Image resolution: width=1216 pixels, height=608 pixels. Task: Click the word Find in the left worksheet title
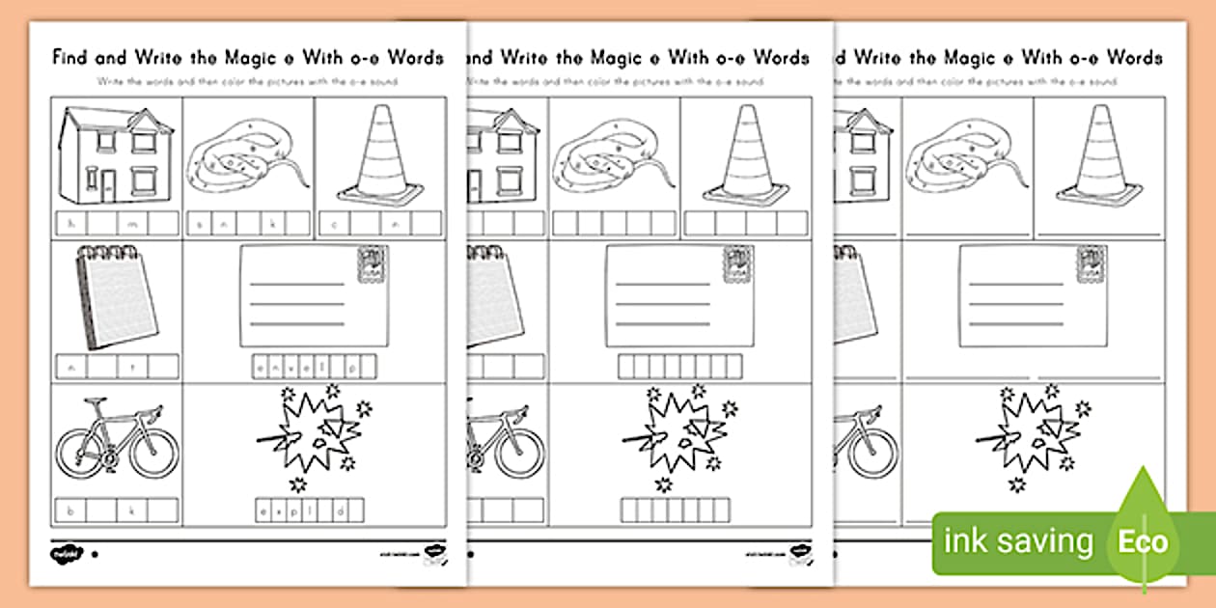point(72,58)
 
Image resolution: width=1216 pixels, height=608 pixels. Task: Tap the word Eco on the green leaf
point(1143,541)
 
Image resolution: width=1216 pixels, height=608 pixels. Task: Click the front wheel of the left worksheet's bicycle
point(153,451)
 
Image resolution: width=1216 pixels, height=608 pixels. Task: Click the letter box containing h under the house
point(70,225)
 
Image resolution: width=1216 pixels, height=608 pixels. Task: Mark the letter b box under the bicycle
point(70,510)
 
